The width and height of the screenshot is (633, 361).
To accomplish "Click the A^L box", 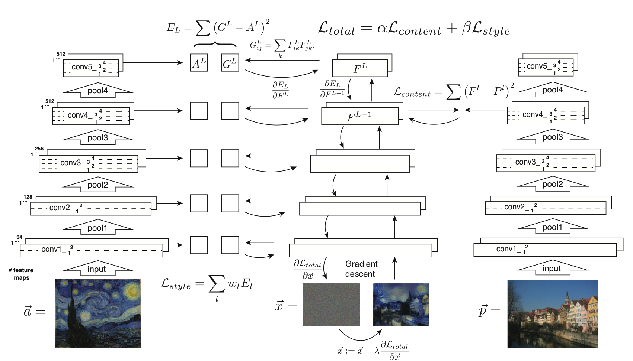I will (199, 63).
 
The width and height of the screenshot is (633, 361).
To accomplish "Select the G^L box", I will (230, 63).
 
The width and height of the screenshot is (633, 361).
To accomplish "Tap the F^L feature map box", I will (359, 68).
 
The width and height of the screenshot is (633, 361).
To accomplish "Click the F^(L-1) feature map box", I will (359, 117).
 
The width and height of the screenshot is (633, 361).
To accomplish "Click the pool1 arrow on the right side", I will (552, 227).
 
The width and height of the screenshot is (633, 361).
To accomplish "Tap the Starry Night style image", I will (98, 313).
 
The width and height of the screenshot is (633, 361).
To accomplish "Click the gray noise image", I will (331, 305).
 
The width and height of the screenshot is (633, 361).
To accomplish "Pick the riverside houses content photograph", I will (553, 313).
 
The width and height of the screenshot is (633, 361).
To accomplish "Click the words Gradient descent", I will (361, 269).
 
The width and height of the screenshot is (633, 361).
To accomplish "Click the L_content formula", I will (454, 91).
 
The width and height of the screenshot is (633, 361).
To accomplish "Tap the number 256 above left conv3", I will (39, 149).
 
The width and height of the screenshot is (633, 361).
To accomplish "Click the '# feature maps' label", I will (21, 274).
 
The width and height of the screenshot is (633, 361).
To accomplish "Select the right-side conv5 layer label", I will (538, 66).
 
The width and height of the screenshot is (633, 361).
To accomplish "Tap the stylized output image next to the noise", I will (401, 305).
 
